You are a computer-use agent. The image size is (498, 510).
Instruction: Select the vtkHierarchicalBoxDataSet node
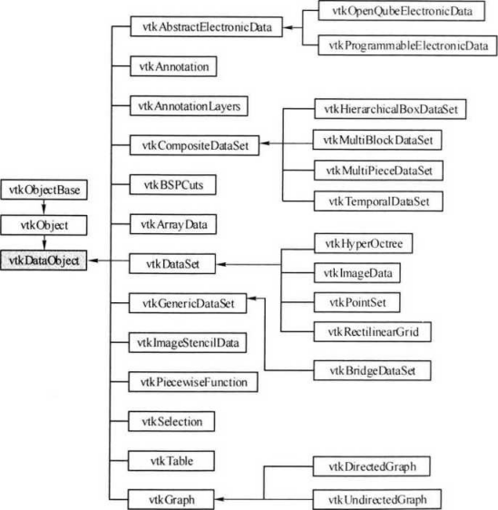[389, 108]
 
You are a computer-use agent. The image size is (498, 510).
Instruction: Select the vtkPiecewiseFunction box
[189, 383]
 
